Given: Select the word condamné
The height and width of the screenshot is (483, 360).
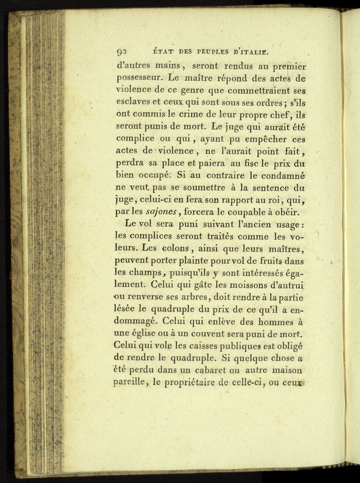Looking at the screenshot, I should (x=280, y=178).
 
